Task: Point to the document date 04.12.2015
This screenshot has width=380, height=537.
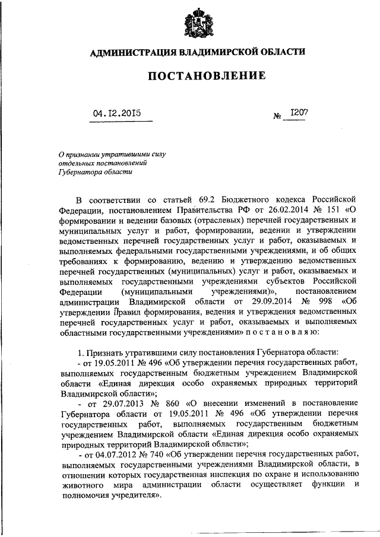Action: (x=117, y=112)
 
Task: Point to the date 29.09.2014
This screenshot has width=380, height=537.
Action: (x=252, y=301)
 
